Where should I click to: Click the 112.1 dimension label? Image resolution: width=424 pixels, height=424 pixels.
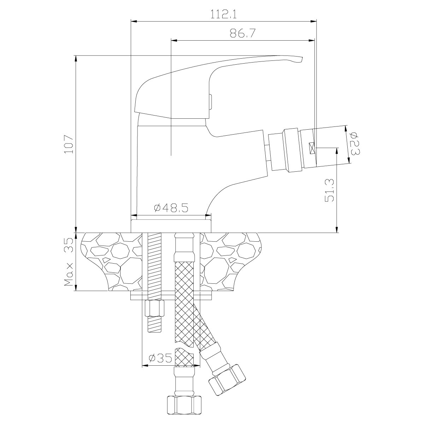(223, 14)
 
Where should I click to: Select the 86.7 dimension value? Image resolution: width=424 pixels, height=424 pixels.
(242, 33)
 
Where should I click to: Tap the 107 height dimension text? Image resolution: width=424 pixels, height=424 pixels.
(69, 145)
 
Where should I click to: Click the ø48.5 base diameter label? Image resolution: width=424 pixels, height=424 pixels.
(171, 208)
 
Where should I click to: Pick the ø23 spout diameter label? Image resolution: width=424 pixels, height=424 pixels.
(354, 143)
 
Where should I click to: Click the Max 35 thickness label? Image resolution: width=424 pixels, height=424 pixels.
(69, 262)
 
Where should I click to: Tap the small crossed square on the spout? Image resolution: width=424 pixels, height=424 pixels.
(312, 148)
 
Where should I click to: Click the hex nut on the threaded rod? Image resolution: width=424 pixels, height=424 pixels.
(155, 309)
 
